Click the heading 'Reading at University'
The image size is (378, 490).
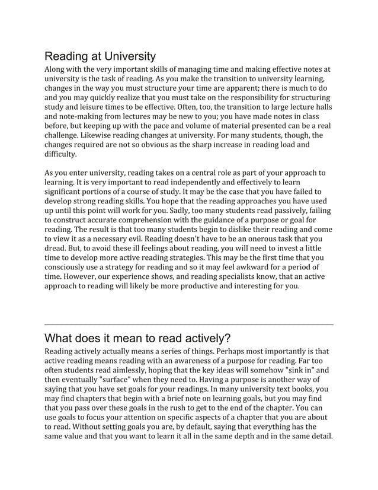pyautogui.click(x=100, y=56)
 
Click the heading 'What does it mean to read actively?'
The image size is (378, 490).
pyautogui.click(x=137, y=338)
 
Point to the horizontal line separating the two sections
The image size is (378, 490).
pyautogui.click(x=189, y=324)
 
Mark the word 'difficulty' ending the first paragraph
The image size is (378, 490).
pyautogui.click(x=60, y=155)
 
